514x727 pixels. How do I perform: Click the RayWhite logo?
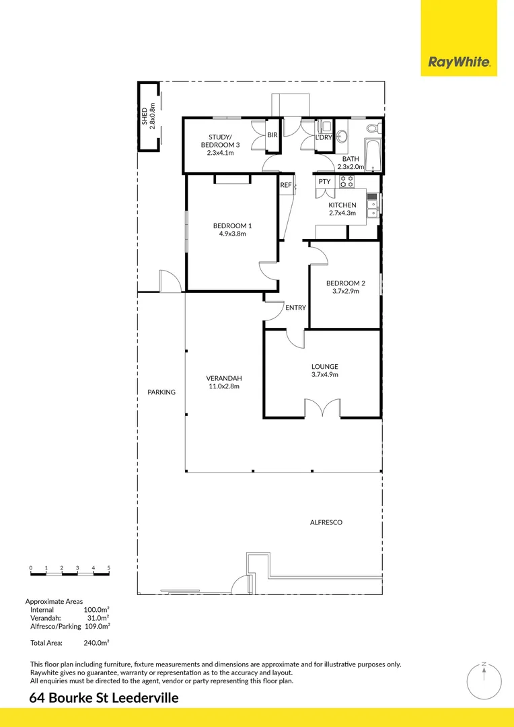click(459, 63)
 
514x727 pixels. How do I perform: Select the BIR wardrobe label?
click(272, 135)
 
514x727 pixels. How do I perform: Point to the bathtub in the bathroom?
click(371, 155)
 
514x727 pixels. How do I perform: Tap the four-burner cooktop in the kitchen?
click(346, 181)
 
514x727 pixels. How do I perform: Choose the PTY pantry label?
click(324, 182)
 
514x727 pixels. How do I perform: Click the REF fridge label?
click(286, 185)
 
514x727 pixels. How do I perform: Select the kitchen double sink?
click(371, 205)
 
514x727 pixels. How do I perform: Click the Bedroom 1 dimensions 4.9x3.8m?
click(232, 234)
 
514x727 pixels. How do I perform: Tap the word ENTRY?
click(295, 308)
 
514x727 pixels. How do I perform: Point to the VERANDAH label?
click(224, 378)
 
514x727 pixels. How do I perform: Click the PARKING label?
click(161, 392)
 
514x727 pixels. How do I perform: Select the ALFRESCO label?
click(326, 522)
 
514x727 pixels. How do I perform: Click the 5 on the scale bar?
click(108, 568)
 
